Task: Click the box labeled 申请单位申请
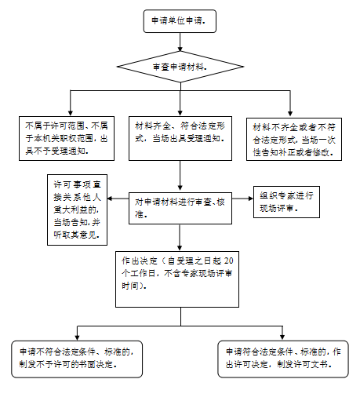[180, 21]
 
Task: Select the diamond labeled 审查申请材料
[180, 67]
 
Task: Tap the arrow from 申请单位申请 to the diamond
[180, 42]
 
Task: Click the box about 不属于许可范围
[67, 138]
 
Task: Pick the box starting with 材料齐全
[180, 138]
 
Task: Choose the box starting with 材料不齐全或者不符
[294, 139]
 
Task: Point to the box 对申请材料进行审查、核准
[180, 208]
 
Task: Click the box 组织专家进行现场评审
[286, 202]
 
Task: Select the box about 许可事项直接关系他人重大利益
[77, 210]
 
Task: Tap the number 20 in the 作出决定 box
[228, 261]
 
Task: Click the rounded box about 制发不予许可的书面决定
[77, 359]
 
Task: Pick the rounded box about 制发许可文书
[283, 359]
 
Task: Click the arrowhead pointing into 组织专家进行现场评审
[251, 199]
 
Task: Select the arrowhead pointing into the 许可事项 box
[110, 199]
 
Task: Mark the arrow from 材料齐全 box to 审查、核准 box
[180, 175]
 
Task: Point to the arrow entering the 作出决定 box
[180, 238]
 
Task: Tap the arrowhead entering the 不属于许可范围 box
[71, 113]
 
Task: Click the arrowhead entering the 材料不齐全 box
[290, 114]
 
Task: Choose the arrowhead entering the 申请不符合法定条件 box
[77, 337]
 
